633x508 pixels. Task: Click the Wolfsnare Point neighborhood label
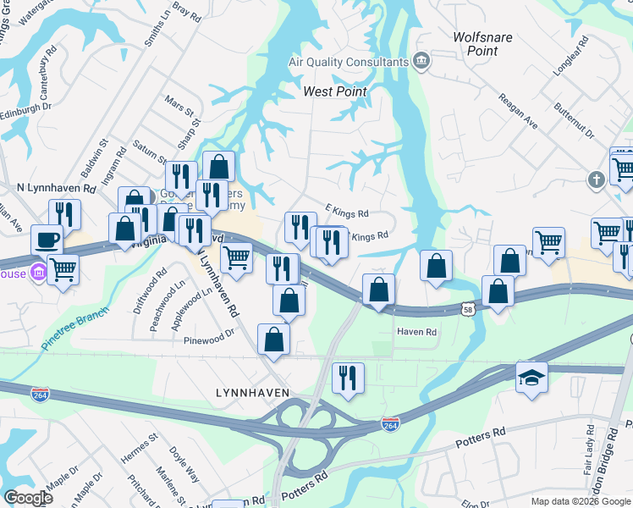tap(482, 44)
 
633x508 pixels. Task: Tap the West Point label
tap(336, 91)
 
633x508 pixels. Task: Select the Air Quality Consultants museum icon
tap(421, 62)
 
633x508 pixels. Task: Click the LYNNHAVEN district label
tap(253, 393)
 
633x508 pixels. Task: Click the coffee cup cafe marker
tap(47, 239)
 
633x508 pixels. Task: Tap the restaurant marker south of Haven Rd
tap(347, 377)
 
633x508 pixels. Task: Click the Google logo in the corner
tap(28, 498)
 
